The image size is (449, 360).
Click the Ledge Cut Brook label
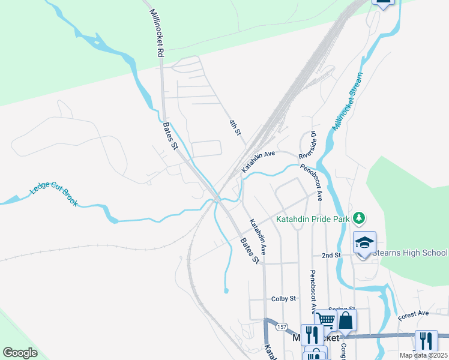point(54,195)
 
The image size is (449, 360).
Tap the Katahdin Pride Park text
point(313,219)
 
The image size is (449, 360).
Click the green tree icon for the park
point(359,217)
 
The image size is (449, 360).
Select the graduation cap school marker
point(364,242)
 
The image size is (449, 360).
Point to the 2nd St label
point(331,255)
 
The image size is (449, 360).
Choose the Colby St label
point(283,298)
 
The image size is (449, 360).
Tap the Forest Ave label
point(414,313)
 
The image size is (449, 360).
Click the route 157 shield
point(281,327)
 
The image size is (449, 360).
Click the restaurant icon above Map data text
point(426,340)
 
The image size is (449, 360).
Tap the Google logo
point(20,353)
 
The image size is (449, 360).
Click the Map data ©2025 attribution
point(423,355)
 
